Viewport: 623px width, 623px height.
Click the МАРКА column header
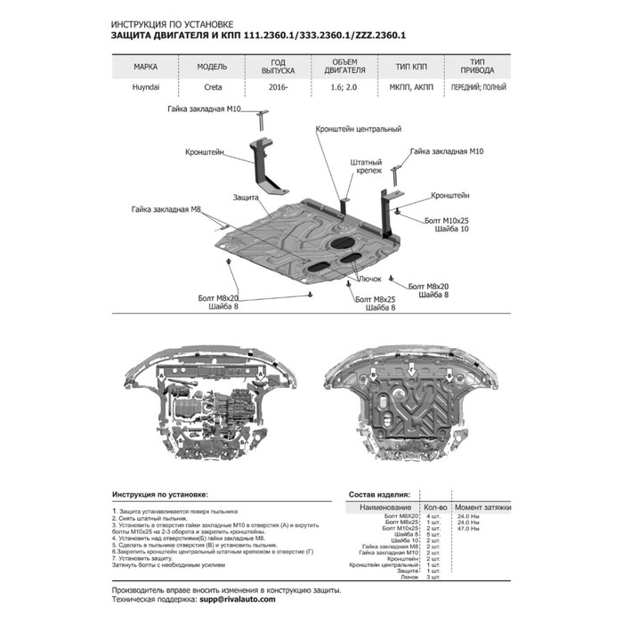(x=147, y=67)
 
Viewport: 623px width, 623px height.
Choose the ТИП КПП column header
(x=399, y=67)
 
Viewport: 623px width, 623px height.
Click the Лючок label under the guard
(x=368, y=279)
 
